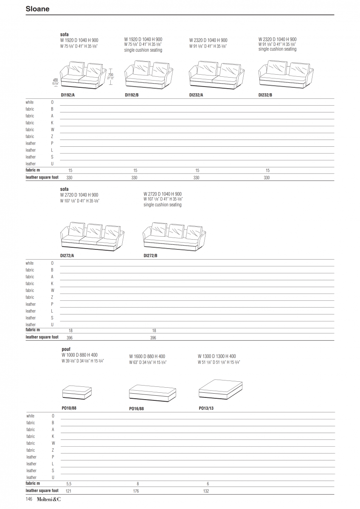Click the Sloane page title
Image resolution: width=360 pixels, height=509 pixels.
coord(37,9)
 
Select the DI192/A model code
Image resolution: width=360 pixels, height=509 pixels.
coord(67,95)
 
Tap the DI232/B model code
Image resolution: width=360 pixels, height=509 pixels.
coord(265,95)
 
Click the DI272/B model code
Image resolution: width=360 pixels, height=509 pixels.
coord(150,256)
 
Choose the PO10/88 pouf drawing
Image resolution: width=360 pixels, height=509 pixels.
coord(77,393)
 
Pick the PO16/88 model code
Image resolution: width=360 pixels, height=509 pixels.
coord(136,409)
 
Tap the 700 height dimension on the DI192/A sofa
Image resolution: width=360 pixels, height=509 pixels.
coord(110,75)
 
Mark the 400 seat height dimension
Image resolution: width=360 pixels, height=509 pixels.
coord(55,80)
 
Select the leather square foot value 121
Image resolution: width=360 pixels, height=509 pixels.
coord(69,491)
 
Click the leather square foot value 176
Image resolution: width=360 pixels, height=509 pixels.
coord(136,491)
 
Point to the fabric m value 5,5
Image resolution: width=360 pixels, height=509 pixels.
coord(69,484)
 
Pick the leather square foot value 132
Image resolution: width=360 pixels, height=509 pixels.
coord(206,491)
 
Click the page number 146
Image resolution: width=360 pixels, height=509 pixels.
coord(29,500)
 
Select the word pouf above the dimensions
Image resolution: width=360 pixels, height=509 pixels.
coord(66,349)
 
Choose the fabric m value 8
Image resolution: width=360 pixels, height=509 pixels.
coord(138,484)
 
